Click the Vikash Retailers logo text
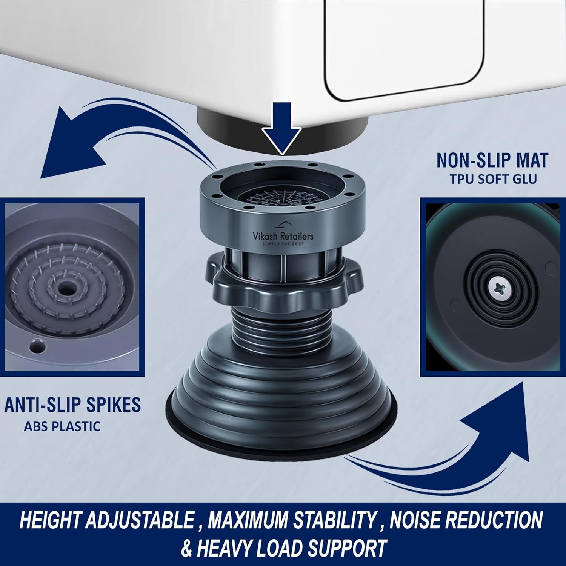pos(283,236)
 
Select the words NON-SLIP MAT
pos(492,160)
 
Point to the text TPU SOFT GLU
pos(493,179)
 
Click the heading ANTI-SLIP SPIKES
pos(72,405)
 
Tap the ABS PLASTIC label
pos(62,426)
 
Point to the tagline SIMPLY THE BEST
pos(283,244)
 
